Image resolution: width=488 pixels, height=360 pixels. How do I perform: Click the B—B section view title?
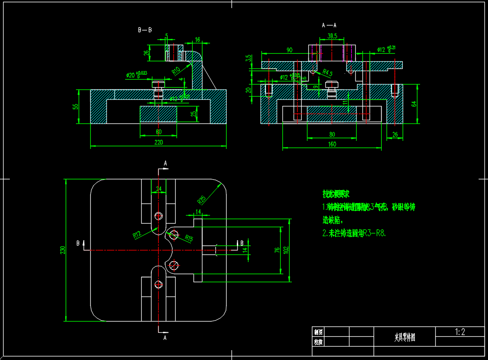tap(145, 30)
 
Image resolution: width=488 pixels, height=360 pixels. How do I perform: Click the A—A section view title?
tap(329, 25)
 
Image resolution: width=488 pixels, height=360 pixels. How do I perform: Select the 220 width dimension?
tap(159, 142)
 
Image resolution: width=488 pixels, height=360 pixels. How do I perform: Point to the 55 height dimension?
tap(76, 106)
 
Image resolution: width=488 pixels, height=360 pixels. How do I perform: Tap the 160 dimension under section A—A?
tap(332, 144)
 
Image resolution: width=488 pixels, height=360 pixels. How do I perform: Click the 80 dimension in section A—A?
tap(332, 134)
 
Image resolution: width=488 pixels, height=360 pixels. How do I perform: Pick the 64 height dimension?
tap(414, 104)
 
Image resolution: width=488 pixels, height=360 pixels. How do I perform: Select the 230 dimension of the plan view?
tap(63, 250)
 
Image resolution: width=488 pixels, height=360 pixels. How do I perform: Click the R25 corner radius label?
tap(202, 198)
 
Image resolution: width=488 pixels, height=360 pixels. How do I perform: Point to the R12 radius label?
tap(137, 234)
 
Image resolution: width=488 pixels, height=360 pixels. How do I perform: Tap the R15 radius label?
tap(189, 239)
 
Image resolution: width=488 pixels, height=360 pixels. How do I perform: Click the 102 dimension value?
tap(286, 250)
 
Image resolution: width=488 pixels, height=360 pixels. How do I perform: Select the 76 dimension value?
tap(277, 250)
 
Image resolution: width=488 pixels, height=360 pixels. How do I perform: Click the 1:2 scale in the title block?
tap(460, 332)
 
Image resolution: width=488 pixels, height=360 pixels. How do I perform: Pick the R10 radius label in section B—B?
tap(176, 70)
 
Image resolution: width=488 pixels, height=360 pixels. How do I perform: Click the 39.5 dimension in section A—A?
tap(332, 36)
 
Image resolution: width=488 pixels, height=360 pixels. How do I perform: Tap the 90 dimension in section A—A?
tap(290, 50)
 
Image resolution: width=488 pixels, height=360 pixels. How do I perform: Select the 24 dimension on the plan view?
tap(159, 189)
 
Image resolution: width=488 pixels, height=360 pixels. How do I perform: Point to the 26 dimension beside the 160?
tap(395, 134)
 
